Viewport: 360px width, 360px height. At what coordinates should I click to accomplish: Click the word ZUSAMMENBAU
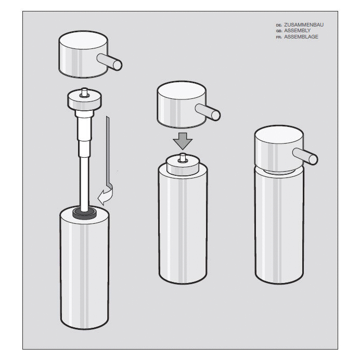coord(307,25)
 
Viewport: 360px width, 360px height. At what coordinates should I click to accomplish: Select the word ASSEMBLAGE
coord(301,37)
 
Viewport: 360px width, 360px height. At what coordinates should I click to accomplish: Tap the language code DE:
coord(279,25)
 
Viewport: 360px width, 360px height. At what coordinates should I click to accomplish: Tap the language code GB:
coord(279,31)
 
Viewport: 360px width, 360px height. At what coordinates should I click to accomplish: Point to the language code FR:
coord(279,37)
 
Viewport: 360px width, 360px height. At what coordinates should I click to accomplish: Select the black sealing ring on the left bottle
coord(84,211)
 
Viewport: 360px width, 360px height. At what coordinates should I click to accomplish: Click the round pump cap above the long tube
coord(83,99)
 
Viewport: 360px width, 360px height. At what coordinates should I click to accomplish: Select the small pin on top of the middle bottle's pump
coord(183,157)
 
